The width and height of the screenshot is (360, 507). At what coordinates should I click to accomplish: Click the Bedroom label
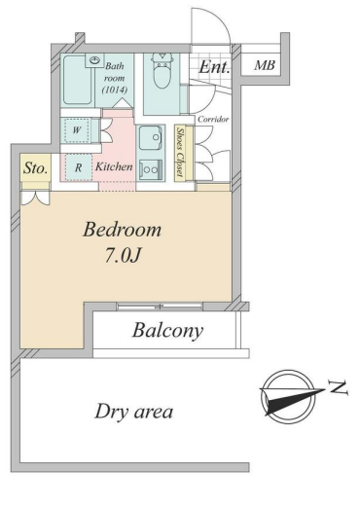coord(122,230)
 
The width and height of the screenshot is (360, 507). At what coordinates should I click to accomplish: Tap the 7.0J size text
coord(123,256)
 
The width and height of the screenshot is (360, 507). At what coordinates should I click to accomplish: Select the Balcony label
coord(167,331)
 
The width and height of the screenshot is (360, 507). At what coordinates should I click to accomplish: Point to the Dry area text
coord(133,412)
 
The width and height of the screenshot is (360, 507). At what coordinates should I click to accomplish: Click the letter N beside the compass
coord(339,388)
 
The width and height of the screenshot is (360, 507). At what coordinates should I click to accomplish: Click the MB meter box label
coord(265,65)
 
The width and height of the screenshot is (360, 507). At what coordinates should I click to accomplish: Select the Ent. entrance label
coord(214,67)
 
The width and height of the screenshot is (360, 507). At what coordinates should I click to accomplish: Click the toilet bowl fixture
coord(162,72)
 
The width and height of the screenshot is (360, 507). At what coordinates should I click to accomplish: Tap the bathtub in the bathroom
coord(77,80)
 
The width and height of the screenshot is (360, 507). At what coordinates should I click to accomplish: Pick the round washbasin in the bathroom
coord(94,60)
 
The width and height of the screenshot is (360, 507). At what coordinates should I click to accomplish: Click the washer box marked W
coord(77,130)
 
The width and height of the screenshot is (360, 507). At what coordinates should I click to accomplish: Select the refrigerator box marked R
coord(78,167)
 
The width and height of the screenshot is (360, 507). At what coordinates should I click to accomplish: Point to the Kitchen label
coord(114,166)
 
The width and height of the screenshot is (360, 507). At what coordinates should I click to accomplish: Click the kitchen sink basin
coord(151,138)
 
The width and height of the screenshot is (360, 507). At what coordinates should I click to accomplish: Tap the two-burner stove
coord(151,169)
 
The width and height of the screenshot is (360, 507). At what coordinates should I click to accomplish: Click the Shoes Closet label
coord(180,153)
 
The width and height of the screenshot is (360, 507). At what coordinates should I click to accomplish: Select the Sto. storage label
coord(36,168)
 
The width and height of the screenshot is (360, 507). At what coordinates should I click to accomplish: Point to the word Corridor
coord(213,120)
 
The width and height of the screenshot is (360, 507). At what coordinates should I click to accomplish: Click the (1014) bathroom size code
coord(115,90)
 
